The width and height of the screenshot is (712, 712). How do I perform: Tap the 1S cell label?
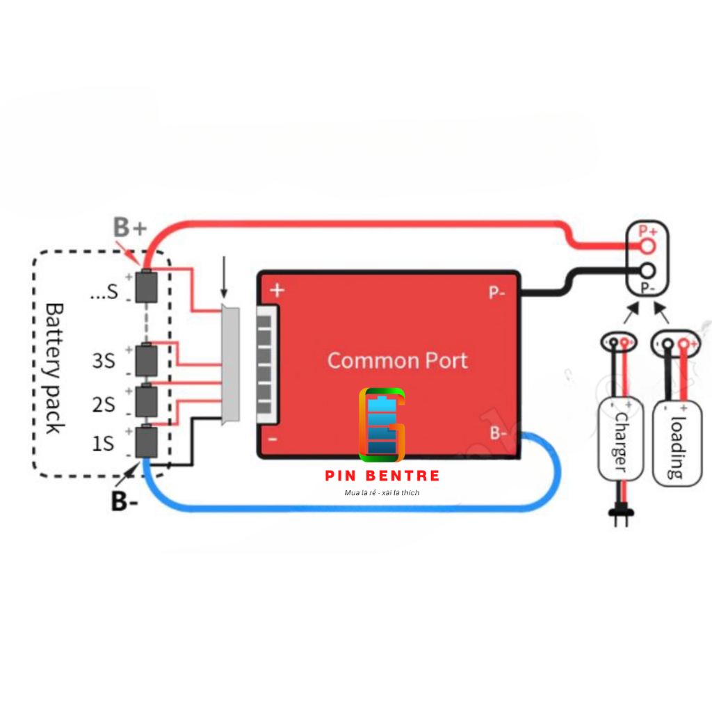(x=103, y=443)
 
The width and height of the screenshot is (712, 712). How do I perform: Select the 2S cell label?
(x=104, y=403)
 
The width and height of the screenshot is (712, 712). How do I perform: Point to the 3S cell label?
(x=104, y=361)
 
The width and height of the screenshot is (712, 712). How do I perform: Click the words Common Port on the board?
(x=397, y=360)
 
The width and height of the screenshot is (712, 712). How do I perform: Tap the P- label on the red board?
(x=496, y=293)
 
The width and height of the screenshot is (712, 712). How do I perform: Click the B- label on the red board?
(x=498, y=433)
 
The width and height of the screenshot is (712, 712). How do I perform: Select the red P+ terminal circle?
(x=648, y=245)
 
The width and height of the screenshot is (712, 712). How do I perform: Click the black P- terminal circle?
(x=648, y=272)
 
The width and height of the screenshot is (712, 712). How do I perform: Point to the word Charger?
(x=620, y=442)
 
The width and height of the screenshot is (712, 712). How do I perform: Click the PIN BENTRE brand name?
(x=382, y=476)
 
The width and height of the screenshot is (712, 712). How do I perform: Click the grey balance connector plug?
(x=230, y=364)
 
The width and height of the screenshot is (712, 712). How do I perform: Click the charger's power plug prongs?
(x=619, y=516)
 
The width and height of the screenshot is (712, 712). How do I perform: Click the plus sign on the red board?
(x=277, y=290)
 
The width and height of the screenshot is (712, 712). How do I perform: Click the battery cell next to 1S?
(x=146, y=442)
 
